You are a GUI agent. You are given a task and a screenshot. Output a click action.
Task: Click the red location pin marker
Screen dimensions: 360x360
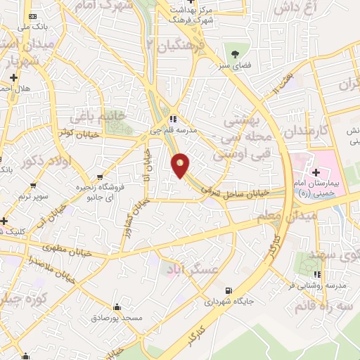click(181, 165)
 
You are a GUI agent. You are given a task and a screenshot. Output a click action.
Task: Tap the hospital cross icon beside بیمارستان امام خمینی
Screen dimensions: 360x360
click(316, 172)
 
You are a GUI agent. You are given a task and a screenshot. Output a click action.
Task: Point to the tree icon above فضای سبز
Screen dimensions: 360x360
click(234, 53)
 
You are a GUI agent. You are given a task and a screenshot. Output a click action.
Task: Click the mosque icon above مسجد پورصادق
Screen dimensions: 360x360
click(117, 307)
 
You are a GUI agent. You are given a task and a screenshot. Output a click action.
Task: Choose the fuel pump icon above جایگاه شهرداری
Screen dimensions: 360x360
click(226, 290)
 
